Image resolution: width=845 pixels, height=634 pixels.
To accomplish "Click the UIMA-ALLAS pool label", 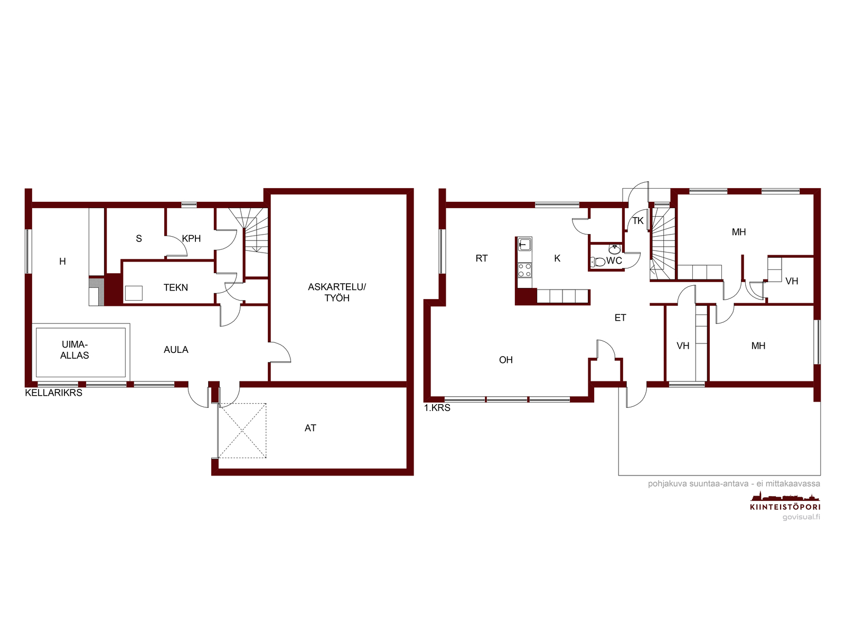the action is point(74,350).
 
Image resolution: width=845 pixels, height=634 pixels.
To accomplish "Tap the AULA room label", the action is point(176,350).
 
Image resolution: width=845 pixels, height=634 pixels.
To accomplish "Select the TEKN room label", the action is point(175,287).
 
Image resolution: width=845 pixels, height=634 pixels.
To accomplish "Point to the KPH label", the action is point(191,238).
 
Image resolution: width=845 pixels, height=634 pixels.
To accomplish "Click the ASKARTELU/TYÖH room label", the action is point(337,292).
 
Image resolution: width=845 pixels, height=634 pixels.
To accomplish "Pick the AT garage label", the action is point(311,427).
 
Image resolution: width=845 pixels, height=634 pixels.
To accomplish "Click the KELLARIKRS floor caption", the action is point(53,393).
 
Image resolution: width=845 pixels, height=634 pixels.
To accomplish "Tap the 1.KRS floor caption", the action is point(437,408).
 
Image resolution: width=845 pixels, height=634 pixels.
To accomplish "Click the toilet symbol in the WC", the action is point(598,262).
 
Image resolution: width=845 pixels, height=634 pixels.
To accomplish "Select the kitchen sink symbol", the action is point(524,245).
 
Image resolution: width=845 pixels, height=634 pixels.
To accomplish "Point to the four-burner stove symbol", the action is point(524,270).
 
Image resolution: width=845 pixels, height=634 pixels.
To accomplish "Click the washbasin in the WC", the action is point(614,249).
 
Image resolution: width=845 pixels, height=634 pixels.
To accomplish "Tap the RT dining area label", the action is point(482,258).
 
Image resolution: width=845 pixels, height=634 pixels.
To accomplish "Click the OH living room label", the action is point(506,360).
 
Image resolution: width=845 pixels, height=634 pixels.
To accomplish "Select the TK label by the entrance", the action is point(638,220).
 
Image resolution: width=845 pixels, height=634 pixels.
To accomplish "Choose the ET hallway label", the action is point(620,318).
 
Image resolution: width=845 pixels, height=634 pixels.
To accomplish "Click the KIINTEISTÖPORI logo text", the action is point(785,507).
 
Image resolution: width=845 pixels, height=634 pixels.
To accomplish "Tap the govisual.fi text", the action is point(801,517).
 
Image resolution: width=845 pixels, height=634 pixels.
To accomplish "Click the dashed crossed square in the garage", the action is point(242,431).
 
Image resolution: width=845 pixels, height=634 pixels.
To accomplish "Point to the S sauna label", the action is point(139,239).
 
